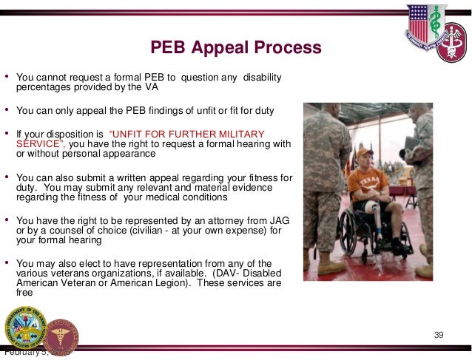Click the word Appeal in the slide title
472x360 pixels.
pos(218,49)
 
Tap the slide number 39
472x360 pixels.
pos(438,337)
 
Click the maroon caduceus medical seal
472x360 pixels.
pos(61,335)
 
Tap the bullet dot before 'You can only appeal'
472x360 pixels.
pos(7,111)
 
